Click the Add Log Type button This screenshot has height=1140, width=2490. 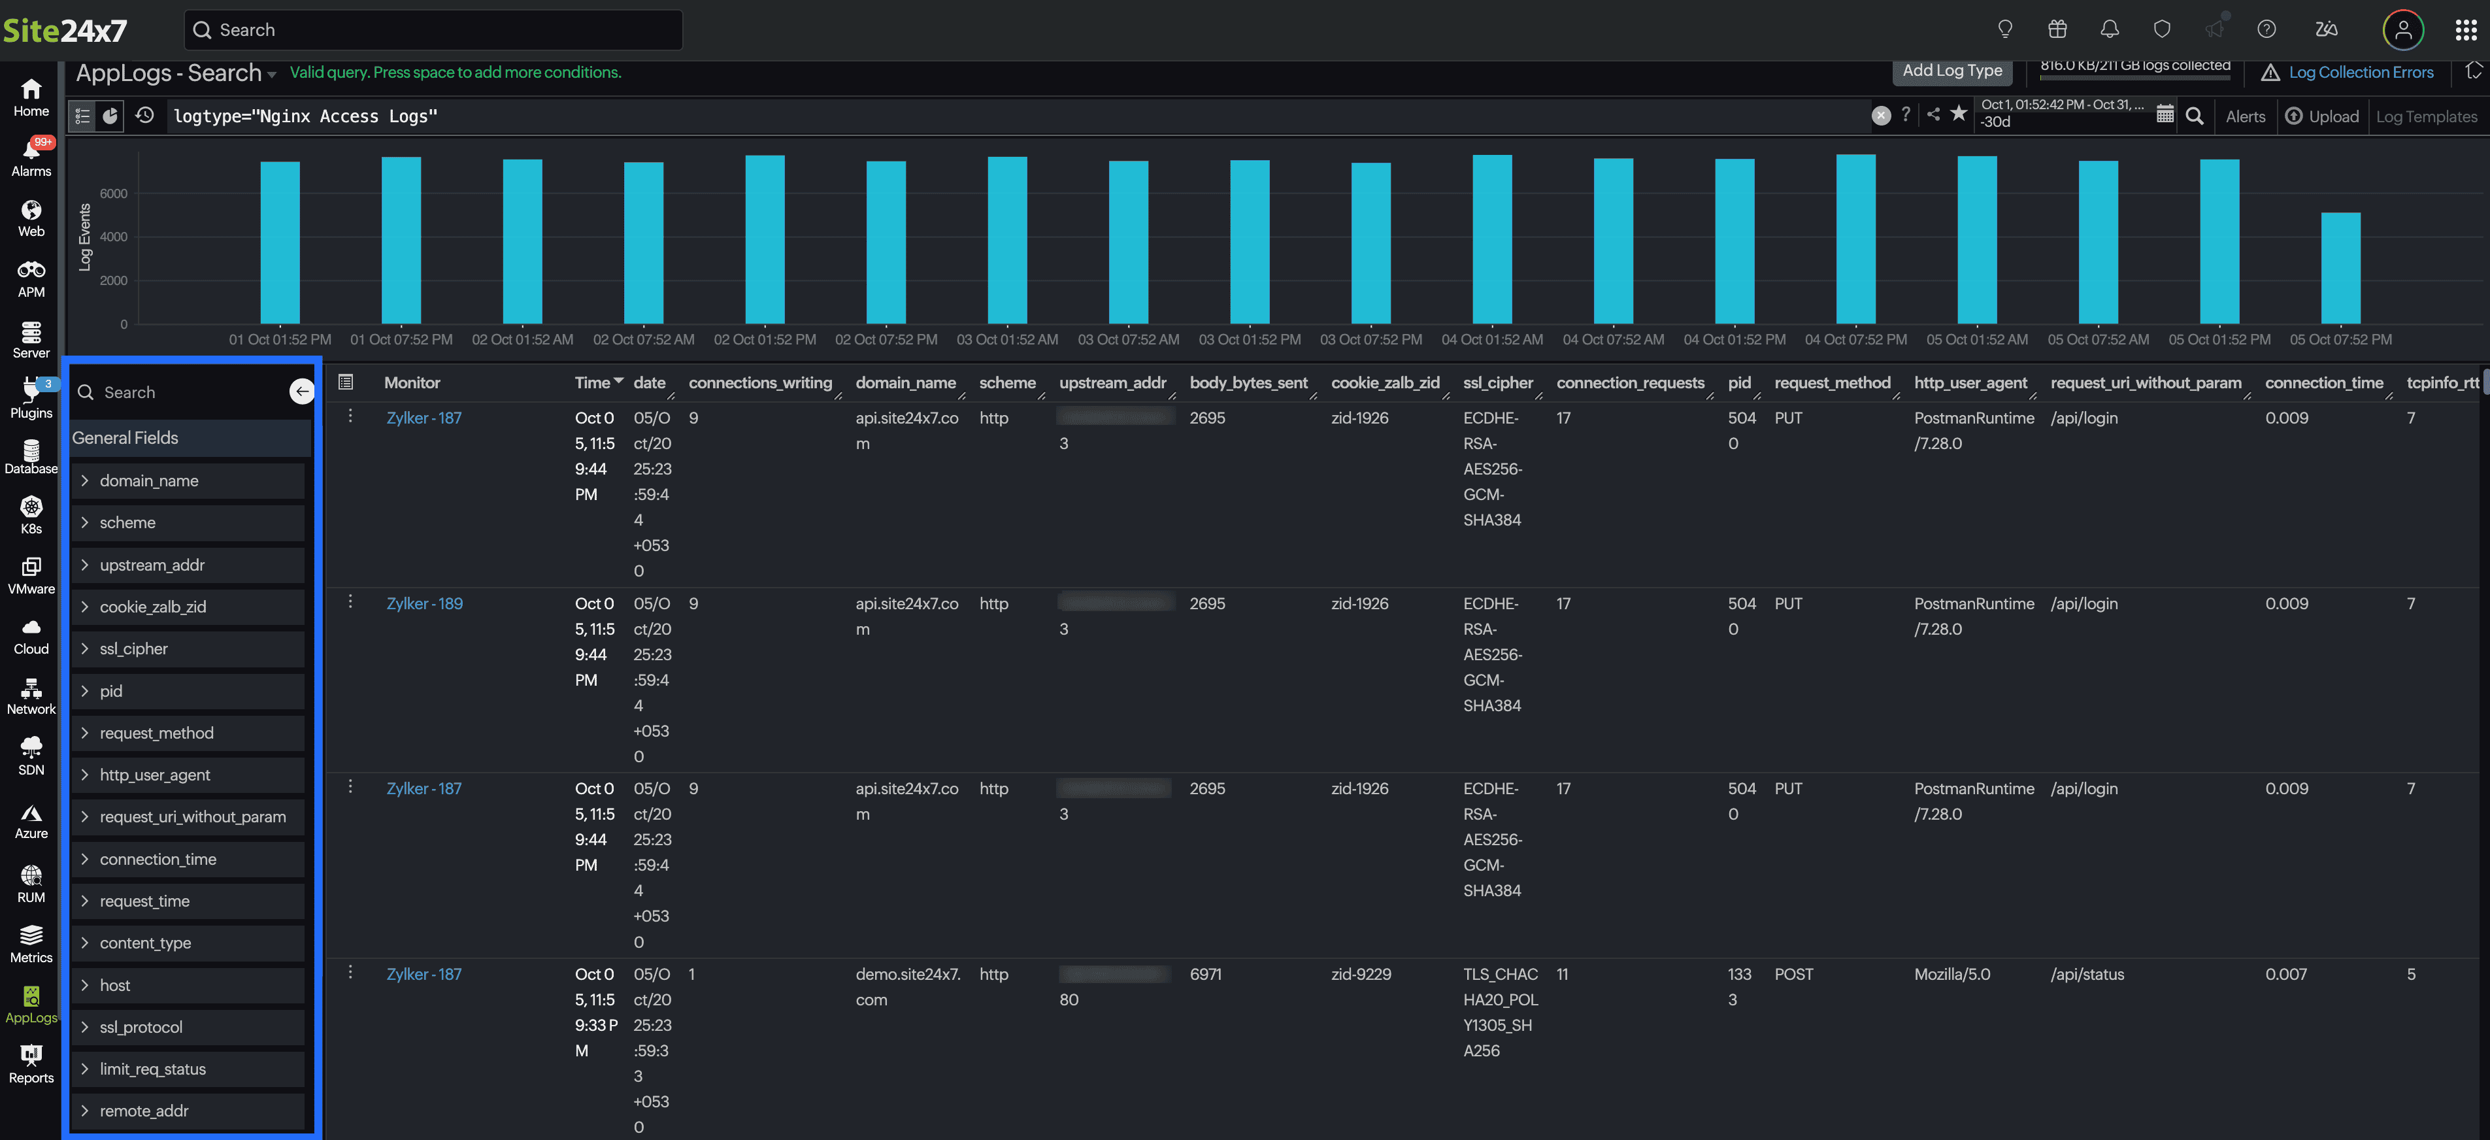(x=1951, y=71)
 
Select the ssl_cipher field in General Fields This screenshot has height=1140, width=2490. (x=133, y=649)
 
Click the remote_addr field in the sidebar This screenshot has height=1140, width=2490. (x=143, y=1111)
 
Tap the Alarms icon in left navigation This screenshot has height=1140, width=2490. (x=31, y=157)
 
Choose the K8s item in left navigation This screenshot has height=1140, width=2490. (x=31, y=515)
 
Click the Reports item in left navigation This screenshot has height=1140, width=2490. (x=31, y=1064)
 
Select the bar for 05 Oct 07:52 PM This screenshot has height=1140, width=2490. (x=2340, y=268)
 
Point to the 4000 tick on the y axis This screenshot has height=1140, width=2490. (x=113, y=237)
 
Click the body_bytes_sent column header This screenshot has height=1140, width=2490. (x=1248, y=383)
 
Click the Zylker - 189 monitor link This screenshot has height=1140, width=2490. (x=424, y=603)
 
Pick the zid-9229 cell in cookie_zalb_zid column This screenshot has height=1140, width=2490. (x=1360, y=974)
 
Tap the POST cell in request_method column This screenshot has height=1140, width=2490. (x=1793, y=974)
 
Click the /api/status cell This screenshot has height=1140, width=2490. (x=2087, y=974)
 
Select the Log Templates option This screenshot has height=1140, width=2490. (x=2426, y=116)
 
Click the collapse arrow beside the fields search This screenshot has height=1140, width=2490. (x=301, y=391)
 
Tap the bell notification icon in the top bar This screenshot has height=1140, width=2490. (x=2109, y=29)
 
